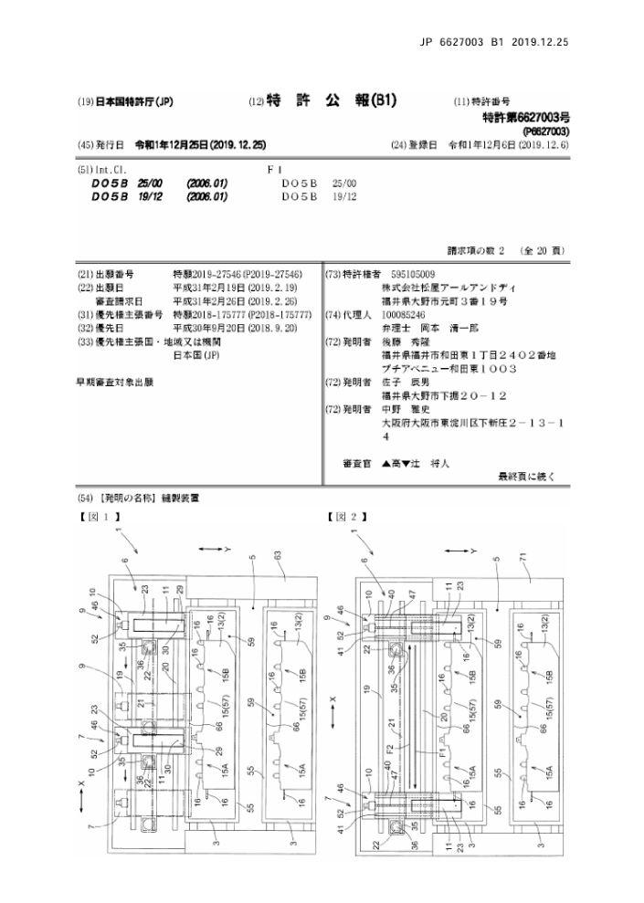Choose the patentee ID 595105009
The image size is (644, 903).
[x=414, y=274]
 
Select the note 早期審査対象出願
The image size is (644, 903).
[x=114, y=382]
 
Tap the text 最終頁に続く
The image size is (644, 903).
[x=525, y=476]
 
